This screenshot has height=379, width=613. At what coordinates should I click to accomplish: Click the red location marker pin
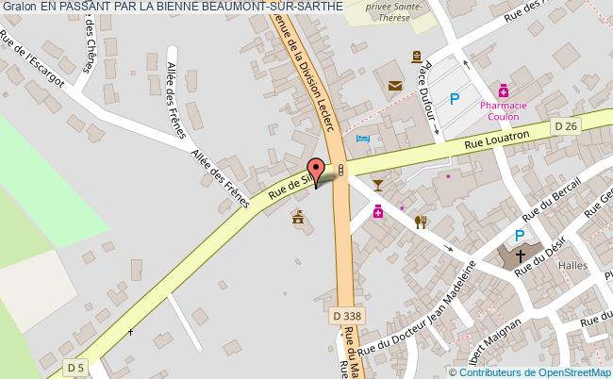coord(316,170)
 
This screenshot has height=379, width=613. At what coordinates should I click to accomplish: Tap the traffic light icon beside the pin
coord(340,169)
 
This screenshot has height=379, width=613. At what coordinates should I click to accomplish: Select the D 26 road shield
coord(566,125)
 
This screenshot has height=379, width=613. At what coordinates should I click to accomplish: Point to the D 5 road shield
coord(75,366)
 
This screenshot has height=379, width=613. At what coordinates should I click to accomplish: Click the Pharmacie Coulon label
coord(503,112)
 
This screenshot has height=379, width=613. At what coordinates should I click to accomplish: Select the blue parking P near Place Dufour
coord(455,98)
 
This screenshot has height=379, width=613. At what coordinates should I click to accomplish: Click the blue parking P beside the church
coord(519,236)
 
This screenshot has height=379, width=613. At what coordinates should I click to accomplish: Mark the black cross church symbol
coord(519,255)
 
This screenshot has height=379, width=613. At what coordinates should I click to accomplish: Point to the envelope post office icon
coord(394,87)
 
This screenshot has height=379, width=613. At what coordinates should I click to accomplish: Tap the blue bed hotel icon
coord(363,139)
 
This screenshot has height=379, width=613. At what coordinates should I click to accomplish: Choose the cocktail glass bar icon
coord(378,183)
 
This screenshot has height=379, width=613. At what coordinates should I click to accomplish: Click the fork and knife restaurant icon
coord(421,222)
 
